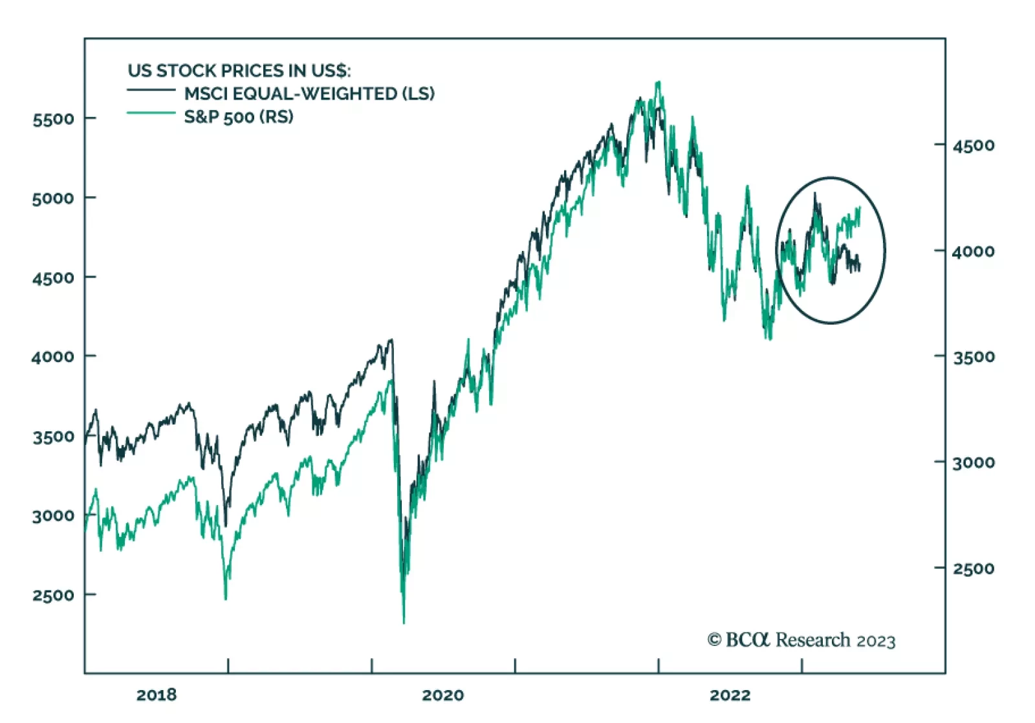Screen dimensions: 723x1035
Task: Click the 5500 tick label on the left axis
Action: [53, 119]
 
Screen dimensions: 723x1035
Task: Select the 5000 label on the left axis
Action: [53, 198]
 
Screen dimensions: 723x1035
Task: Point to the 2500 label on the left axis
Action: [53, 595]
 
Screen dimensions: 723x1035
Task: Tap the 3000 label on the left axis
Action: [53, 516]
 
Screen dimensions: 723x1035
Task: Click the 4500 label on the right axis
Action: [974, 146]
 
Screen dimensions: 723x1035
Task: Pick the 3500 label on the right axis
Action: [974, 357]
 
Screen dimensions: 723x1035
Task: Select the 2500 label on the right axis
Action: [974, 569]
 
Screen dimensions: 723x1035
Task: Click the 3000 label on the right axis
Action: [974, 463]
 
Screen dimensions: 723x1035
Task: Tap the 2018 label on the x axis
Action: [156, 695]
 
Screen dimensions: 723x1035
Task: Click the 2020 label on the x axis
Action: [442, 695]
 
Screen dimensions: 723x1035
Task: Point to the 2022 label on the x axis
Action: [730, 695]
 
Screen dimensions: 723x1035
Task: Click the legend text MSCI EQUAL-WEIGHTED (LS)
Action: [309, 94]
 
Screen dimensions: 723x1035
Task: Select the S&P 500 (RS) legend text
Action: [239, 117]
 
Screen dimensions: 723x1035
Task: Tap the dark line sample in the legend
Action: [151, 90]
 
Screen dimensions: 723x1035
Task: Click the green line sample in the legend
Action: [151, 113]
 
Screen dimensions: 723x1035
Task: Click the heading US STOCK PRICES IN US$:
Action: [239, 70]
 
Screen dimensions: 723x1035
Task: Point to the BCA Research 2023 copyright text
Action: [801, 640]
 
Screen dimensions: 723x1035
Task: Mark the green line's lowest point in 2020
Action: [404, 622]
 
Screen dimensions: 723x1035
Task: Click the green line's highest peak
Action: [659, 82]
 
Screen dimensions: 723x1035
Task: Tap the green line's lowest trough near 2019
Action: [226, 598]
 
